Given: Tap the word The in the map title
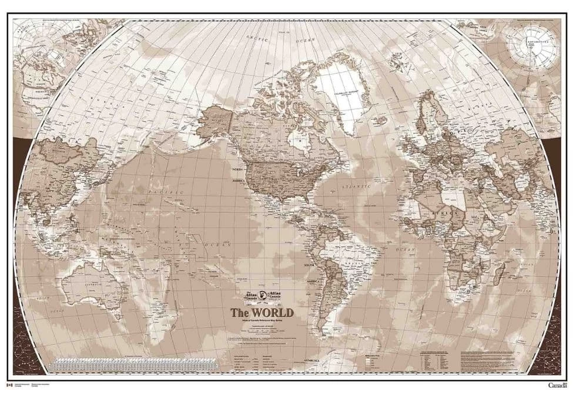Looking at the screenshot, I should click(239, 312).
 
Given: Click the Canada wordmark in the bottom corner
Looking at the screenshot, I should click(557, 385).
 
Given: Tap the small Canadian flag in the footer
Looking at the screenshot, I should click(8, 385).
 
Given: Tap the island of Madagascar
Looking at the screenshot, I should click(501, 271).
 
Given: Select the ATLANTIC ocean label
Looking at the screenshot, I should click(356, 187).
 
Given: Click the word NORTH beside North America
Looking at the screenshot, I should click(236, 168).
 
